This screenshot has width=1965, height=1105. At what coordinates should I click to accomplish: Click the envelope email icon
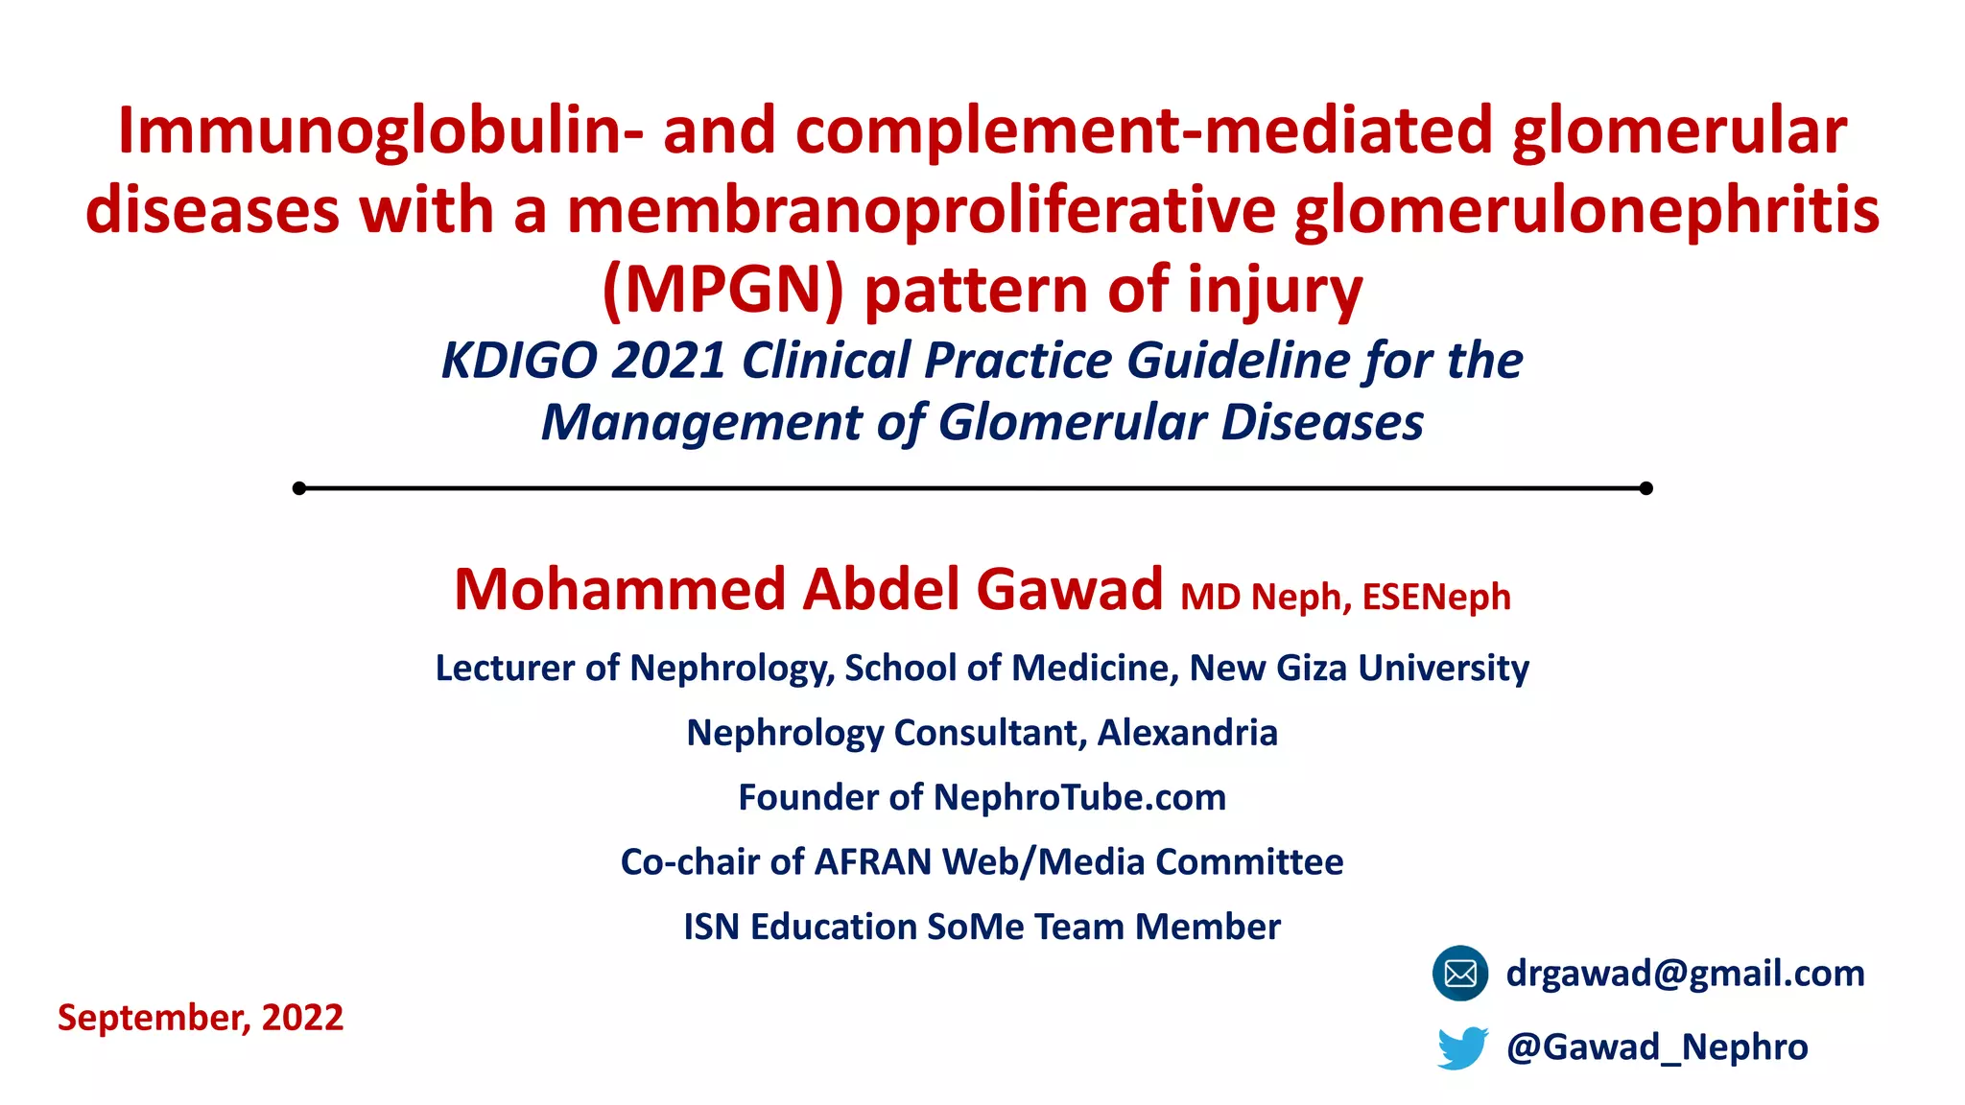(x=1459, y=974)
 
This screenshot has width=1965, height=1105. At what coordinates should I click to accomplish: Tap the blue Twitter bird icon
(x=1462, y=1047)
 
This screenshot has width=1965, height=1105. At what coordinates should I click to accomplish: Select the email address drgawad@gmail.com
(x=1685, y=974)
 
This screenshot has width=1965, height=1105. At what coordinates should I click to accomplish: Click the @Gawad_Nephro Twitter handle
(x=1657, y=1046)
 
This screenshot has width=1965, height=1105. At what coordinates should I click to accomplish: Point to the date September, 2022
(x=201, y=1018)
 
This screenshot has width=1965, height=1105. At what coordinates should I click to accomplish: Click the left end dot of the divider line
(x=299, y=488)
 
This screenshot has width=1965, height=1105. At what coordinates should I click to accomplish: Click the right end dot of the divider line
(x=1646, y=488)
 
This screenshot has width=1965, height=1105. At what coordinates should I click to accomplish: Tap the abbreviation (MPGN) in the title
(x=722, y=290)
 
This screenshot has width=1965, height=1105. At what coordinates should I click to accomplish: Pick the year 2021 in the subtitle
(x=668, y=361)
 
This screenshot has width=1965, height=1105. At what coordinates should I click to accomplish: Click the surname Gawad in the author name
(x=1069, y=589)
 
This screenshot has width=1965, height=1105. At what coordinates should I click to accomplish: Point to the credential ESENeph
(x=1436, y=598)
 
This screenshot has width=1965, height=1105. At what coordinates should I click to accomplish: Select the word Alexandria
(x=1187, y=733)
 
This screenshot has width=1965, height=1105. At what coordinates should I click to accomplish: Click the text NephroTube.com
(x=1079, y=797)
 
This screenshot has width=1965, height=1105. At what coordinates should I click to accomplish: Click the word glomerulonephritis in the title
(x=1586, y=211)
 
